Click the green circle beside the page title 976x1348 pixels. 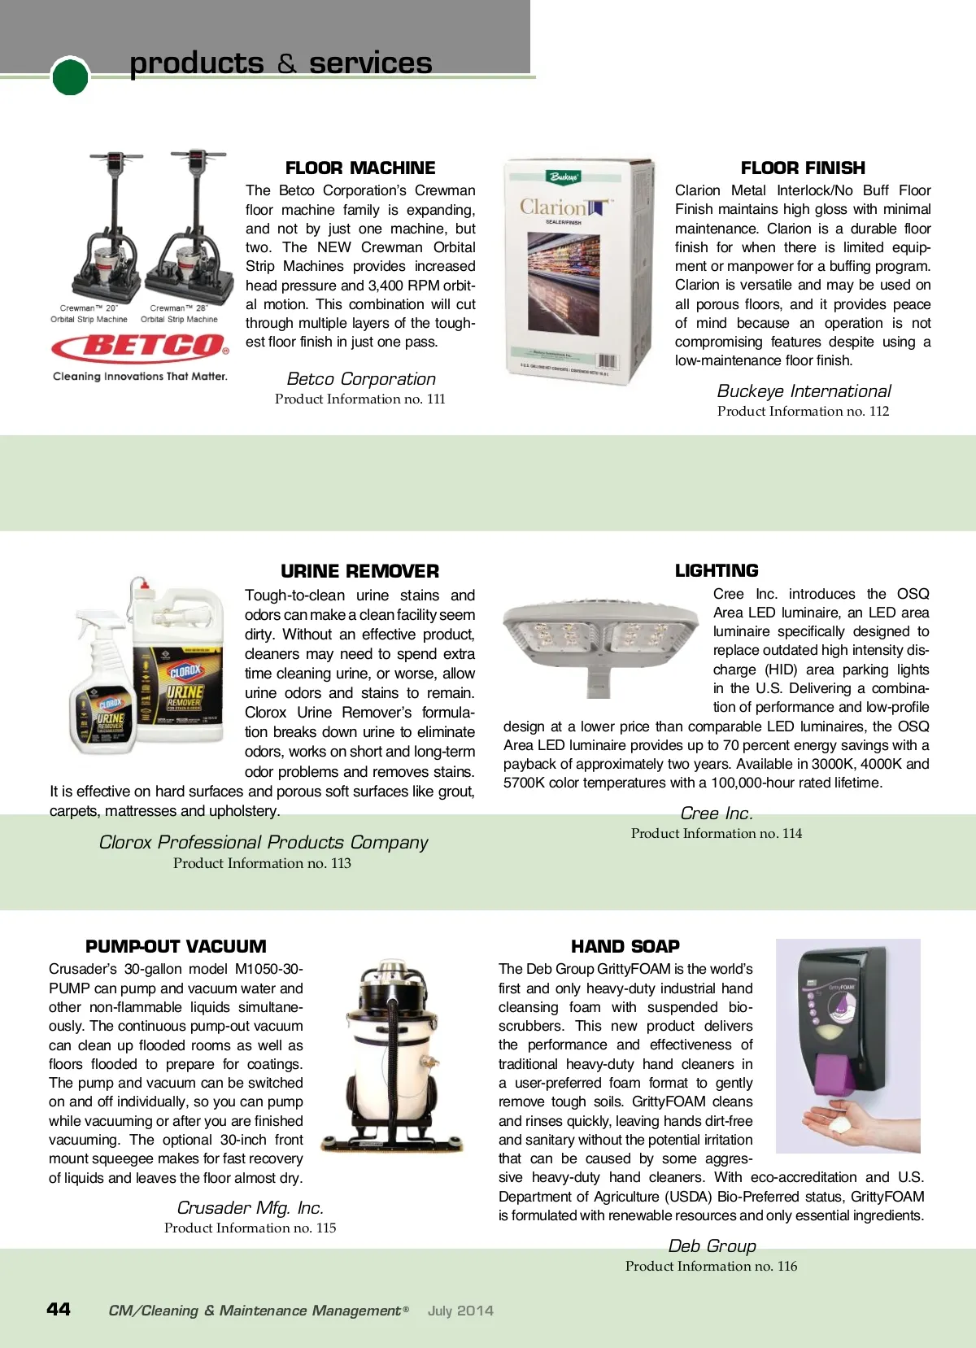(x=70, y=76)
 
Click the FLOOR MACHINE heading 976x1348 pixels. (x=360, y=168)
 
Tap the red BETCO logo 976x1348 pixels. (x=140, y=347)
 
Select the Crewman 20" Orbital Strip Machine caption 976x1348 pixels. (x=89, y=314)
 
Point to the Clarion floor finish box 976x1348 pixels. (x=579, y=271)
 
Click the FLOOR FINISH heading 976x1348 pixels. (x=803, y=168)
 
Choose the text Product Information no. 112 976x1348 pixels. (x=803, y=412)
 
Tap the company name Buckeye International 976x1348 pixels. (x=804, y=391)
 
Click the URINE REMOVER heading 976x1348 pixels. (x=359, y=571)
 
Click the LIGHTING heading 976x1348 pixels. (x=717, y=571)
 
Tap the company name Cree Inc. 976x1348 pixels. (x=717, y=814)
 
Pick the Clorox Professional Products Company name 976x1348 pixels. (x=263, y=843)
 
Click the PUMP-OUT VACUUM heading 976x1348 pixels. (x=176, y=947)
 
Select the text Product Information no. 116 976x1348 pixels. (x=711, y=1267)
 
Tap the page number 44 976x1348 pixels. (x=59, y=1309)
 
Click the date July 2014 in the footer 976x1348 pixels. (x=460, y=1311)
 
